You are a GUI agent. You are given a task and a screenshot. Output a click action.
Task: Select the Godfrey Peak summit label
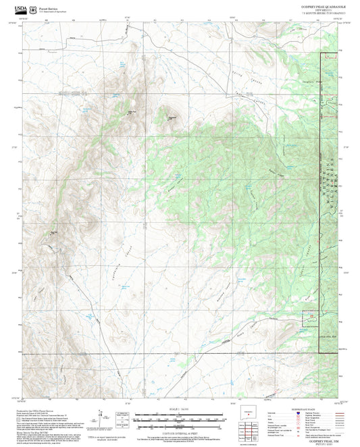[x=172, y=116]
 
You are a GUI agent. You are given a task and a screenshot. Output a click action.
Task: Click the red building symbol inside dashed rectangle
[x=330, y=58]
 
